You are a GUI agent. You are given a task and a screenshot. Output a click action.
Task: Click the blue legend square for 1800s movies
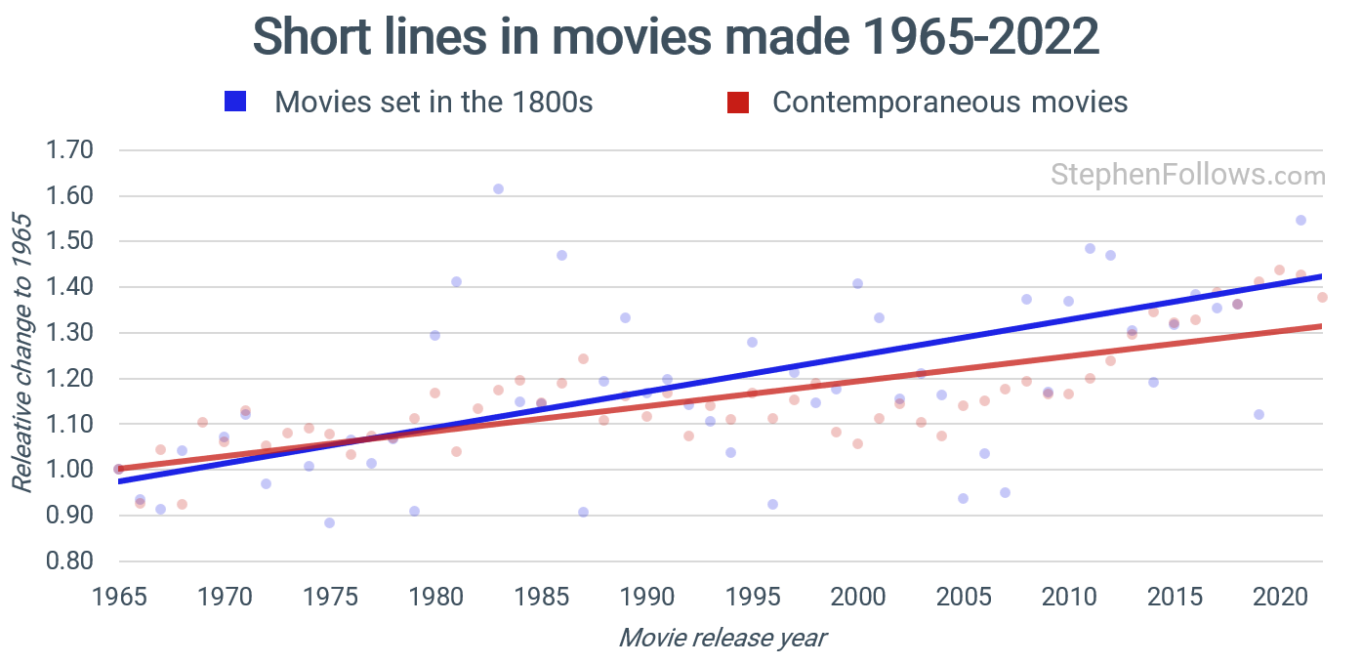click(x=235, y=103)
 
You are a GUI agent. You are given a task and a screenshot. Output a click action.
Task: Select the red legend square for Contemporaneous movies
click(x=738, y=103)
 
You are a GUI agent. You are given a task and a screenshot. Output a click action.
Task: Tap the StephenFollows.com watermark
click(x=1187, y=176)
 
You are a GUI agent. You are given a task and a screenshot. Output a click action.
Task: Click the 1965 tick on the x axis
click(x=118, y=595)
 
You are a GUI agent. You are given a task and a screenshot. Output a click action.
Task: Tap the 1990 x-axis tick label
click(x=646, y=595)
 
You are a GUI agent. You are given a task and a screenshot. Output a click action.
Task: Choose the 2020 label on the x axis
click(x=1279, y=595)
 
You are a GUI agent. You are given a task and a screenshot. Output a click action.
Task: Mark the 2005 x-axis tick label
click(x=963, y=595)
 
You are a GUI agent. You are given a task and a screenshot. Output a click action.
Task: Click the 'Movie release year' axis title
click(x=722, y=639)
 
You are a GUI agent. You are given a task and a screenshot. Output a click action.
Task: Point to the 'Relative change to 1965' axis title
click(x=21, y=352)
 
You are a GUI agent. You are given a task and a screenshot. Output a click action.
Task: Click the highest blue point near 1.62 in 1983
click(x=498, y=188)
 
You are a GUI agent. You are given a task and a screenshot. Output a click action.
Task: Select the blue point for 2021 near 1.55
click(x=1300, y=220)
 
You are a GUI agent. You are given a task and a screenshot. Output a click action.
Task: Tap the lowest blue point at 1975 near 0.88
click(x=329, y=522)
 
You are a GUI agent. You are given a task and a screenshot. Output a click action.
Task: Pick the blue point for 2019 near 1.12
click(x=1259, y=414)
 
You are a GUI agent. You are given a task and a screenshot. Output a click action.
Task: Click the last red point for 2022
click(x=1322, y=297)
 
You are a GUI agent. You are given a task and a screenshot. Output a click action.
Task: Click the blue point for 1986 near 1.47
click(x=561, y=255)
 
